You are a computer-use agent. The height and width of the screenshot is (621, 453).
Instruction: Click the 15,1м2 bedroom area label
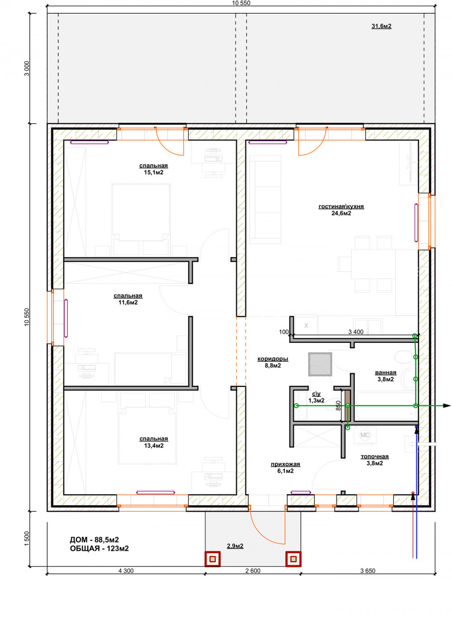[x=153, y=173]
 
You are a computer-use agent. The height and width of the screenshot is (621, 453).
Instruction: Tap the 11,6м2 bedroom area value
[x=128, y=303]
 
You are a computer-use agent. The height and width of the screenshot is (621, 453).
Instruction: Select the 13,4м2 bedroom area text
[x=154, y=446]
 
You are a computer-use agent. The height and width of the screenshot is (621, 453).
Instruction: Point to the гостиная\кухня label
[x=341, y=207]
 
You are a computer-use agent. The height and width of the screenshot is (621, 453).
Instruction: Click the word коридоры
[x=273, y=359]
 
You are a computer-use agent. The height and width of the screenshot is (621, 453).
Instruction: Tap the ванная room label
[x=386, y=373]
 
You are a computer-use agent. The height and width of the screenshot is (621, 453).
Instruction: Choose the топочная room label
[x=375, y=456]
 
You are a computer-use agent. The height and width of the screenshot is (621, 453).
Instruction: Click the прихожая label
[x=285, y=464]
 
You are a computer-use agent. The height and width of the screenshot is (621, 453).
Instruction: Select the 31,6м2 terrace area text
[x=381, y=26]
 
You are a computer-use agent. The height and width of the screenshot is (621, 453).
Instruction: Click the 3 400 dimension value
[x=356, y=332]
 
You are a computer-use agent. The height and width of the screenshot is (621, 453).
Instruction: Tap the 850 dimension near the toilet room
[x=338, y=406]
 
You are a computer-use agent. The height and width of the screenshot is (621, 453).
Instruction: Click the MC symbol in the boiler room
[x=365, y=435]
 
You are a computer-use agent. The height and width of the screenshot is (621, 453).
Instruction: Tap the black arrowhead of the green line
[x=446, y=405]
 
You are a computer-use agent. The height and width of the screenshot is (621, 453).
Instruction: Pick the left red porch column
[x=212, y=558]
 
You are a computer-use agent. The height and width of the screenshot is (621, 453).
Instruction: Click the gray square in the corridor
[x=320, y=364]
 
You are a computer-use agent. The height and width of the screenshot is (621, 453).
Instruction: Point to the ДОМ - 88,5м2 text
[x=94, y=539]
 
